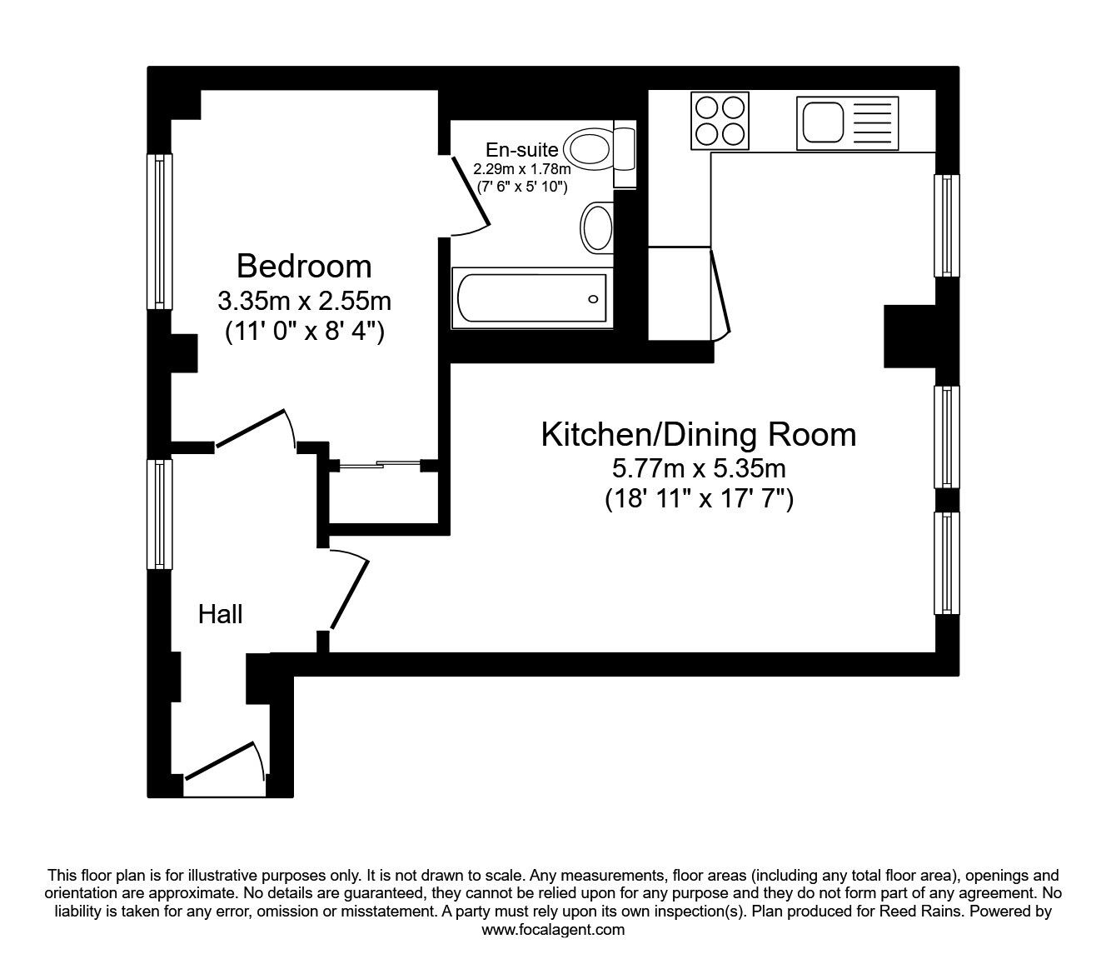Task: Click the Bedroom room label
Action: (x=304, y=267)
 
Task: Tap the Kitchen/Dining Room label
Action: (x=698, y=435)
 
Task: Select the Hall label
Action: (x=220, y=615)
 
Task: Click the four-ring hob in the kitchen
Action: (x=720, y=122)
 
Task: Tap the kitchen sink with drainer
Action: (x=847, y=123)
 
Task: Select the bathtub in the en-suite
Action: (x=531, y=299)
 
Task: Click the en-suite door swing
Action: (x=468, y=196)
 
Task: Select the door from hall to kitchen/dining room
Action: (x=350, y=593)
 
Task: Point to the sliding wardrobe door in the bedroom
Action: (x=379, y=465)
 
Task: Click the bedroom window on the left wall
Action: (x=160, y=232)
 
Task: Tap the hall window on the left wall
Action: (x=160, y=514)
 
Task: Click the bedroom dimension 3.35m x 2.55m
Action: (x=304, y=300)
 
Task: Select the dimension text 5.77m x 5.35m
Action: (x=698, y=468)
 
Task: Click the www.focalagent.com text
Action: (x=553, y=930)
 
